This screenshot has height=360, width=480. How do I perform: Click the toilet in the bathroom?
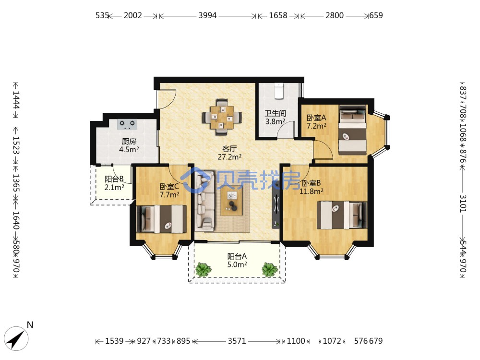coord(278,91)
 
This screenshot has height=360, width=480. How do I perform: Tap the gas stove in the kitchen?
coord(127,124)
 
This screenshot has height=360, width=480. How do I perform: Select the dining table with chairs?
coord(222,117)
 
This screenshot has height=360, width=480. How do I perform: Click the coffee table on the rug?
coord(232,201)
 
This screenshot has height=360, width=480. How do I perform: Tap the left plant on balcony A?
coord(203,269)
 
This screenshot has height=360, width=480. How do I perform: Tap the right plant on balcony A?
coord(270,269)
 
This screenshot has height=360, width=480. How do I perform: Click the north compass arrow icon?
coord(16,338)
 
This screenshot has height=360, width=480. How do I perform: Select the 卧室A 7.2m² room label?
coord(316,121)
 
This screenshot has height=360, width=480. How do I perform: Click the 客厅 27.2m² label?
coord(229,153)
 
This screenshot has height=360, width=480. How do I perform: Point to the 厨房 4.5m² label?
coord(129,145)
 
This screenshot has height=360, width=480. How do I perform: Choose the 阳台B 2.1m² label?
coord(114,183)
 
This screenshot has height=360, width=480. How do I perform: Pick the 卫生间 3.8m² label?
coord(275,118)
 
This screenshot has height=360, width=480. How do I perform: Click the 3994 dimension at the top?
coord(207,15)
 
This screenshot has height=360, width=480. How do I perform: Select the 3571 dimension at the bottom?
coord(237,341)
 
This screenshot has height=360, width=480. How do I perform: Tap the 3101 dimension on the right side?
coord(463,204)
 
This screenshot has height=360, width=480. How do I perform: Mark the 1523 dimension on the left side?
coord(16,145)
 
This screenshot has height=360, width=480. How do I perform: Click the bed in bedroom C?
coord(161,219)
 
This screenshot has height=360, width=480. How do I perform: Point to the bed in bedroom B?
coord(342,215)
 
